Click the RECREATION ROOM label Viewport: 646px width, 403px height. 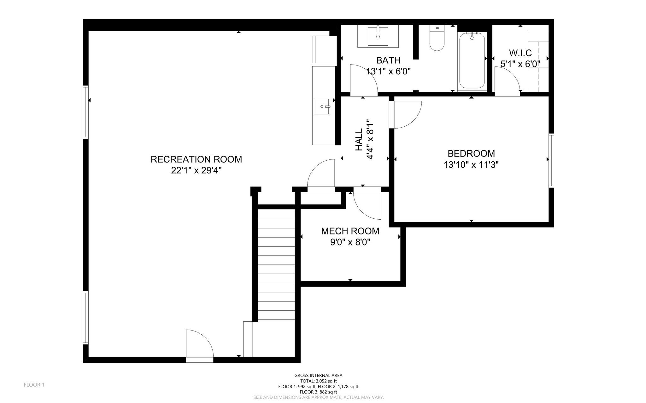(x=196, y=159)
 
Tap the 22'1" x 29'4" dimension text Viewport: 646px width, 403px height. (x=196, y=170)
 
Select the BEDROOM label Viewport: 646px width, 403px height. (x=471, y=153)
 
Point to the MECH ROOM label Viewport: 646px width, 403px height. (x=350, y=231)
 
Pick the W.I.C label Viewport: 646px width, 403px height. (x=520, y=53)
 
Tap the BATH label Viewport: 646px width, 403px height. (x=388, y=60)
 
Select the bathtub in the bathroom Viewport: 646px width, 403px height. (x=472, y=60)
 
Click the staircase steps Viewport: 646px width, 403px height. (x=276, y=265)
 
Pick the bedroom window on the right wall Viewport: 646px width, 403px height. (x=551, y=161)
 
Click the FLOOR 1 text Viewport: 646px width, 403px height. (x=34, y=385)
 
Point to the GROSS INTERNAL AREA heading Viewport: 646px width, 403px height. (x=318, y=375)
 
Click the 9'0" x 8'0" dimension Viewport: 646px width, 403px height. (x=350, y=242)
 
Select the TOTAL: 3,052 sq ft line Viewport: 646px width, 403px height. (x=318, y=381)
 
